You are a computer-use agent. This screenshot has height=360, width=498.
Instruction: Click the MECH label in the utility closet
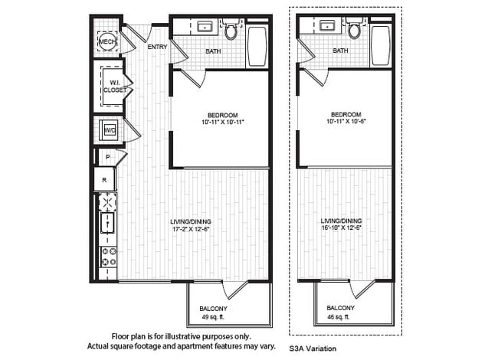click(107, 41)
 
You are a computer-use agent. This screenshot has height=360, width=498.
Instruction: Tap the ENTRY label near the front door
click(157, 47)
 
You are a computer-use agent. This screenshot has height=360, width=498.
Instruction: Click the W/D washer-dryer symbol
click(110, 129)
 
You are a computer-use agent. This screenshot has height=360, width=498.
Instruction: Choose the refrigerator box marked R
click(104, 180)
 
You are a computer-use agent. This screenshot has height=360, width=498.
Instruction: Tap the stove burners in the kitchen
click(106, 259)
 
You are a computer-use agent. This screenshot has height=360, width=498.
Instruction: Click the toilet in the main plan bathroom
click(231, 30)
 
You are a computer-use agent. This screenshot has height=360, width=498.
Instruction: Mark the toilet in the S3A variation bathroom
click(354, 30)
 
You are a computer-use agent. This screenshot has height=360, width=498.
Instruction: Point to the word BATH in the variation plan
click(340, 51)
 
